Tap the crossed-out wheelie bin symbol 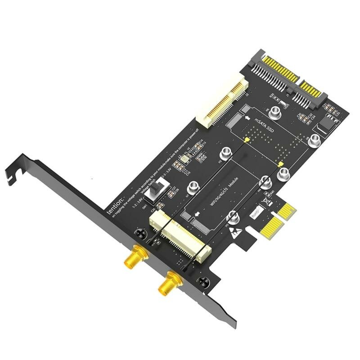269,203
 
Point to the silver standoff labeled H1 194,186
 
